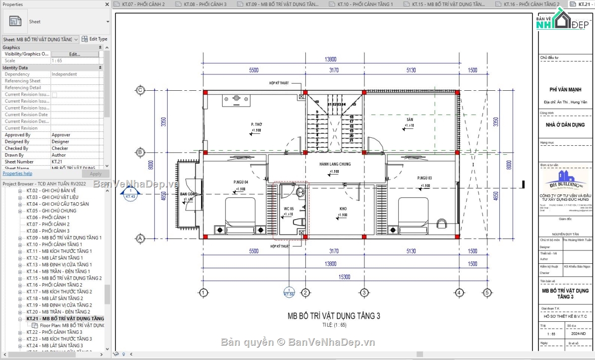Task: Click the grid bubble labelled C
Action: click(x=140, y=90)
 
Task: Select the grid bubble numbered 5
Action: click(x=487, y=292)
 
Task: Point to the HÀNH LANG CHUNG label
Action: click(x=335, y=164)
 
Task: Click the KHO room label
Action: click(x=343, y=208)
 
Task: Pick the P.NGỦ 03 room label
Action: click(x=424, y=178)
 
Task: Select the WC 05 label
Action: click(x=289, y=209)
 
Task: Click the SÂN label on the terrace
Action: click(x=410, y=120)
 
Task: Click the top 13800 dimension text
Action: click(x=331, y=60)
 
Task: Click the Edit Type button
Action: click(x=95, y=39)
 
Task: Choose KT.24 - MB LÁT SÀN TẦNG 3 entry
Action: click(x=55, y=345)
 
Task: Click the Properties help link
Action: click(x=17, y=174)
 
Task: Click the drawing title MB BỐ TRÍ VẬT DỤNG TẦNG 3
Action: click(x=334, y=315)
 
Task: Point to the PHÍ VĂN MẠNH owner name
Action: click(x=565, y=90)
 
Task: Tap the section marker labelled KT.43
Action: click(x=130, y=194)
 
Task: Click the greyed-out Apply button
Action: click(x=96, y=174)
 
